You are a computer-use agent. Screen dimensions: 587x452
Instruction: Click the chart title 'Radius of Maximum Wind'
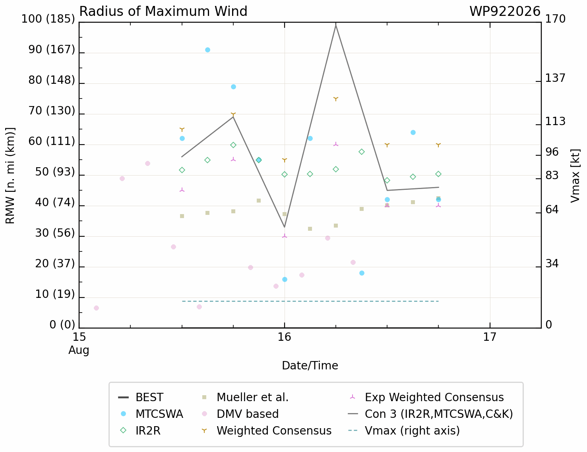point(163,12)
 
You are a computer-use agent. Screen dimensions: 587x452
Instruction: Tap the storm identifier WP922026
point(505,12)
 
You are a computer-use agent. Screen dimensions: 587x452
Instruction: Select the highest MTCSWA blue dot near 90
point(207,50)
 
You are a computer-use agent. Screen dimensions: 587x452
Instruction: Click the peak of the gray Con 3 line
point(336,25)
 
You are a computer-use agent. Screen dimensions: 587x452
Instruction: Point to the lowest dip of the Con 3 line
point(285,227)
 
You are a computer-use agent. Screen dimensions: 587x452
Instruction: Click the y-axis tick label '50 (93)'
point(55,172)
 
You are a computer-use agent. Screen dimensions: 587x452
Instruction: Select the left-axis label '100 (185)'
point(48,19)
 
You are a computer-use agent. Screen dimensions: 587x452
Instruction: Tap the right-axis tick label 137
point(555,78)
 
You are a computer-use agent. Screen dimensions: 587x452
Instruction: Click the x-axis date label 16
point(285,337)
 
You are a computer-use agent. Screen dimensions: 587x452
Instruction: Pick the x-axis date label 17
point(490,337)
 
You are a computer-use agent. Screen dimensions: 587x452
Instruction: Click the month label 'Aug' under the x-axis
point(79,350)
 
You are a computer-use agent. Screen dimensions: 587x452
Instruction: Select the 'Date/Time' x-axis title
point(310,366)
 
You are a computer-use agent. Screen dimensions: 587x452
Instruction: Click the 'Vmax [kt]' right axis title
point(575,176)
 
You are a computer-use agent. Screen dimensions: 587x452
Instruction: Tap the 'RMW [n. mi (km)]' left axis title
point(10,176)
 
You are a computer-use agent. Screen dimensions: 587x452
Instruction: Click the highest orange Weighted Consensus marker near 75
point(336,99)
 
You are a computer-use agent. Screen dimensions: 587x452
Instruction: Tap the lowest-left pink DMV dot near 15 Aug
point(97,308)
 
